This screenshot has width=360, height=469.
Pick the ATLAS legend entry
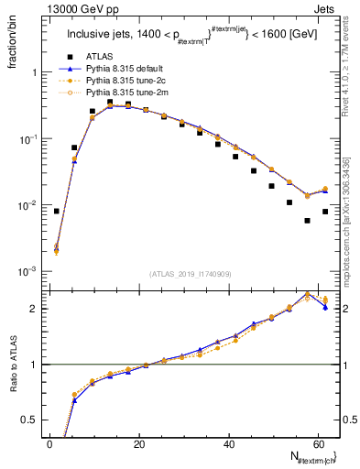(100, 56)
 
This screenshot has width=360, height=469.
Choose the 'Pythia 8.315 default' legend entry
(128, 69)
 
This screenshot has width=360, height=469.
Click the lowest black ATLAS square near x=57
(308, 221)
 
